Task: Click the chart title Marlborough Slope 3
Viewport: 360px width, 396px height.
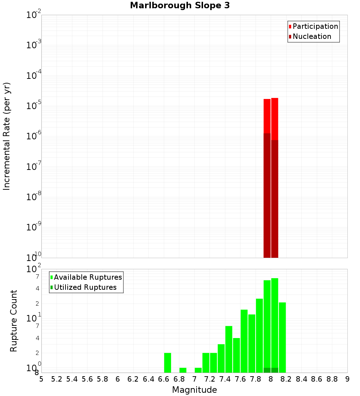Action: click(180, 5)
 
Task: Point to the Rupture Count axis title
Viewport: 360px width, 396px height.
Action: click(14, 321)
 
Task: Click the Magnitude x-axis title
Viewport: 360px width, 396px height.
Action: click(194, 390)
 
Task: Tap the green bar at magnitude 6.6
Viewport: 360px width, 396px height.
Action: click(167, 363)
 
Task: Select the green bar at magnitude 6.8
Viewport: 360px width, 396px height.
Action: click(183, 370)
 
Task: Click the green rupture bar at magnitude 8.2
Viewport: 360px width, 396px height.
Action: click(282, 337)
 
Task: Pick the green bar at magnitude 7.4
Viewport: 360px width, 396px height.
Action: click(229, 349)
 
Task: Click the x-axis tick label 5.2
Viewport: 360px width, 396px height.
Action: click(57, 379)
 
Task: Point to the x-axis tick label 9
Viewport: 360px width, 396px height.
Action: click(347, 379)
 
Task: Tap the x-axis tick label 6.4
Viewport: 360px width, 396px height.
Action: click(148, 379)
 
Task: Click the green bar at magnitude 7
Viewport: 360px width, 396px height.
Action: click(198, 370)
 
